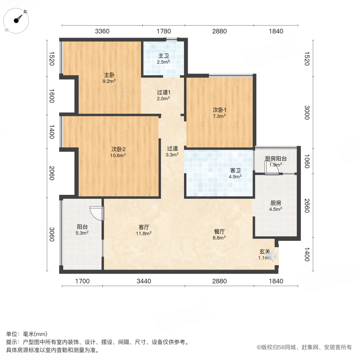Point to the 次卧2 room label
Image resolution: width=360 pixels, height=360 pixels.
click(118, 149)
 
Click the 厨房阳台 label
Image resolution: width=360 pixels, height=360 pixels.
click(276, 158)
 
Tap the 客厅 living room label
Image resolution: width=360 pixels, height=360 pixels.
click(144, 227)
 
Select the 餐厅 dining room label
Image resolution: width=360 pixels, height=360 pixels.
click(219, 231)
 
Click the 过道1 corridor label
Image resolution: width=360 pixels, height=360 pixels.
click(163, 92)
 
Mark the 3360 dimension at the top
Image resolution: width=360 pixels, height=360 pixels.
click(102, 31)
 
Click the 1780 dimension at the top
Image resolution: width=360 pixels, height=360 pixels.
click(163, 31)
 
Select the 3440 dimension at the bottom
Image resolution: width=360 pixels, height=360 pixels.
click(144, 281)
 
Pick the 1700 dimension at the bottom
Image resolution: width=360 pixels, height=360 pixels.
click(82, 281)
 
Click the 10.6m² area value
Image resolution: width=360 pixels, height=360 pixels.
click(118, 156)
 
